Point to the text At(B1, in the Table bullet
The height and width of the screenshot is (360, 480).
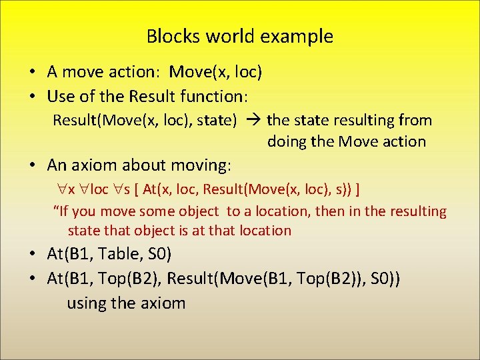pyautogui.click(x=71, y=255)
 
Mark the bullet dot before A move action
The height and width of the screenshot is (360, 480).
pyautogui.click(x=31, y=72)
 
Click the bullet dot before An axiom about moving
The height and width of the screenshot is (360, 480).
pyautogui.click(x=31, y=165)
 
